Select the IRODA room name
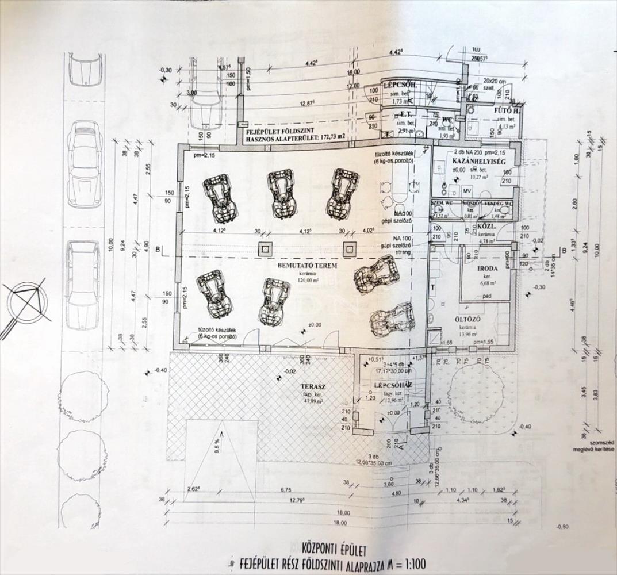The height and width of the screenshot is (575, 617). [480, 269]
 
